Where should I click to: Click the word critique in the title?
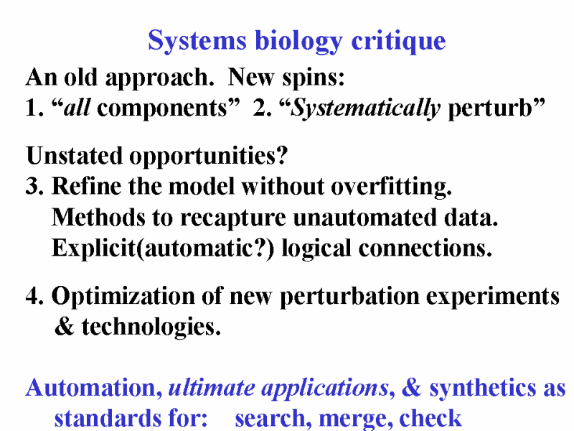point(399,41)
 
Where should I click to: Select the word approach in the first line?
point(159,78)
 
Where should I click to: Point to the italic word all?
point(77,108)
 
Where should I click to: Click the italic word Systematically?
point(365,108)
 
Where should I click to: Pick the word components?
point(161,109)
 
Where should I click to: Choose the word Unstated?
point(74,155)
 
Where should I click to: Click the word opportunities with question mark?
point(209,157)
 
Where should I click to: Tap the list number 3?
point(34,186)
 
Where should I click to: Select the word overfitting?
point(391,187)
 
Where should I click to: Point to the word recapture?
point(232,218)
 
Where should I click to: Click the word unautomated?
point(365,218)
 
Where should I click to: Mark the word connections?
point(425,248)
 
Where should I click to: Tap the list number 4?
point(34,296)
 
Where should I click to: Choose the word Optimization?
point(123,297)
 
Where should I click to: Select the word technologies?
point(151,327)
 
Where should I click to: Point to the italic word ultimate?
point(212,388)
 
